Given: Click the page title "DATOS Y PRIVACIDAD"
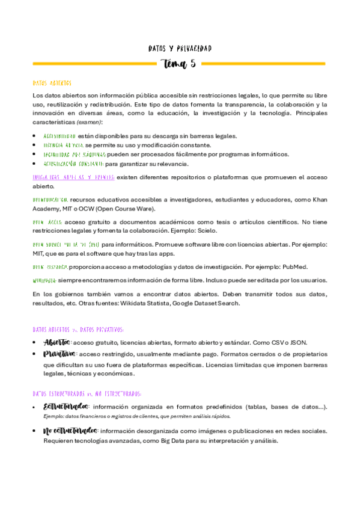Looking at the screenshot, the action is coord(180,48).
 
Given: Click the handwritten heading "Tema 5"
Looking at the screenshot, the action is coord(180,64).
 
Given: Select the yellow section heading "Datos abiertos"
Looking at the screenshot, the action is coord(52,83).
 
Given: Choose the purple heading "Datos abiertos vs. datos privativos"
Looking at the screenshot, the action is coord(78,330).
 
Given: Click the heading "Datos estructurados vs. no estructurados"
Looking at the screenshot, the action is coord(87,394).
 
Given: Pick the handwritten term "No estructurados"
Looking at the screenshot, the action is coord(70,431).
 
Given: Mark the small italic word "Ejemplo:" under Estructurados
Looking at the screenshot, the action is coord(54,416).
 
